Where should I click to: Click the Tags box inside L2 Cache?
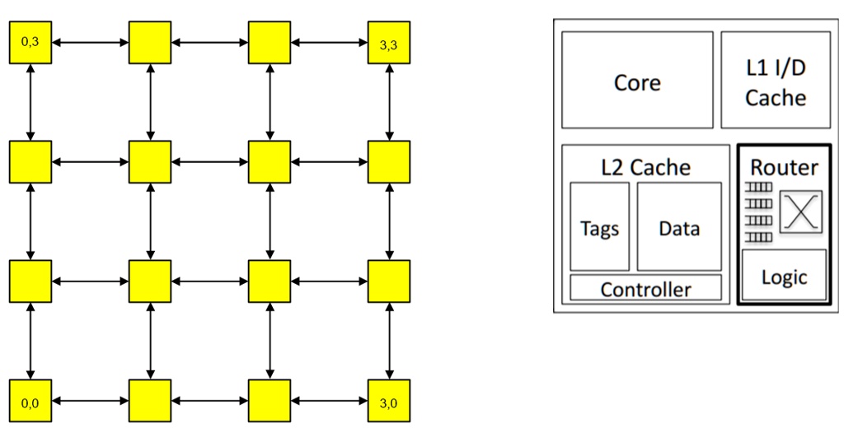click(599, 227)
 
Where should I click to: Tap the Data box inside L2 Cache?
click(679, 227)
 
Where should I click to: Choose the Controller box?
click(645, 288)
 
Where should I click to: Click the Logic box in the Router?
click(784, 276)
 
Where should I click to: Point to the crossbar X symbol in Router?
click(801, 212)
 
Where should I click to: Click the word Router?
click(784, 167)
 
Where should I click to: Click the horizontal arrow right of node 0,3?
click(91, 42)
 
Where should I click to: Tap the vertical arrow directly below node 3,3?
click(389, 102)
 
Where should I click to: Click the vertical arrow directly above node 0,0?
click(30, 341)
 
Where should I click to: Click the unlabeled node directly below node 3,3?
click(389, 162)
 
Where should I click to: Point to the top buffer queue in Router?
click(759, 188)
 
